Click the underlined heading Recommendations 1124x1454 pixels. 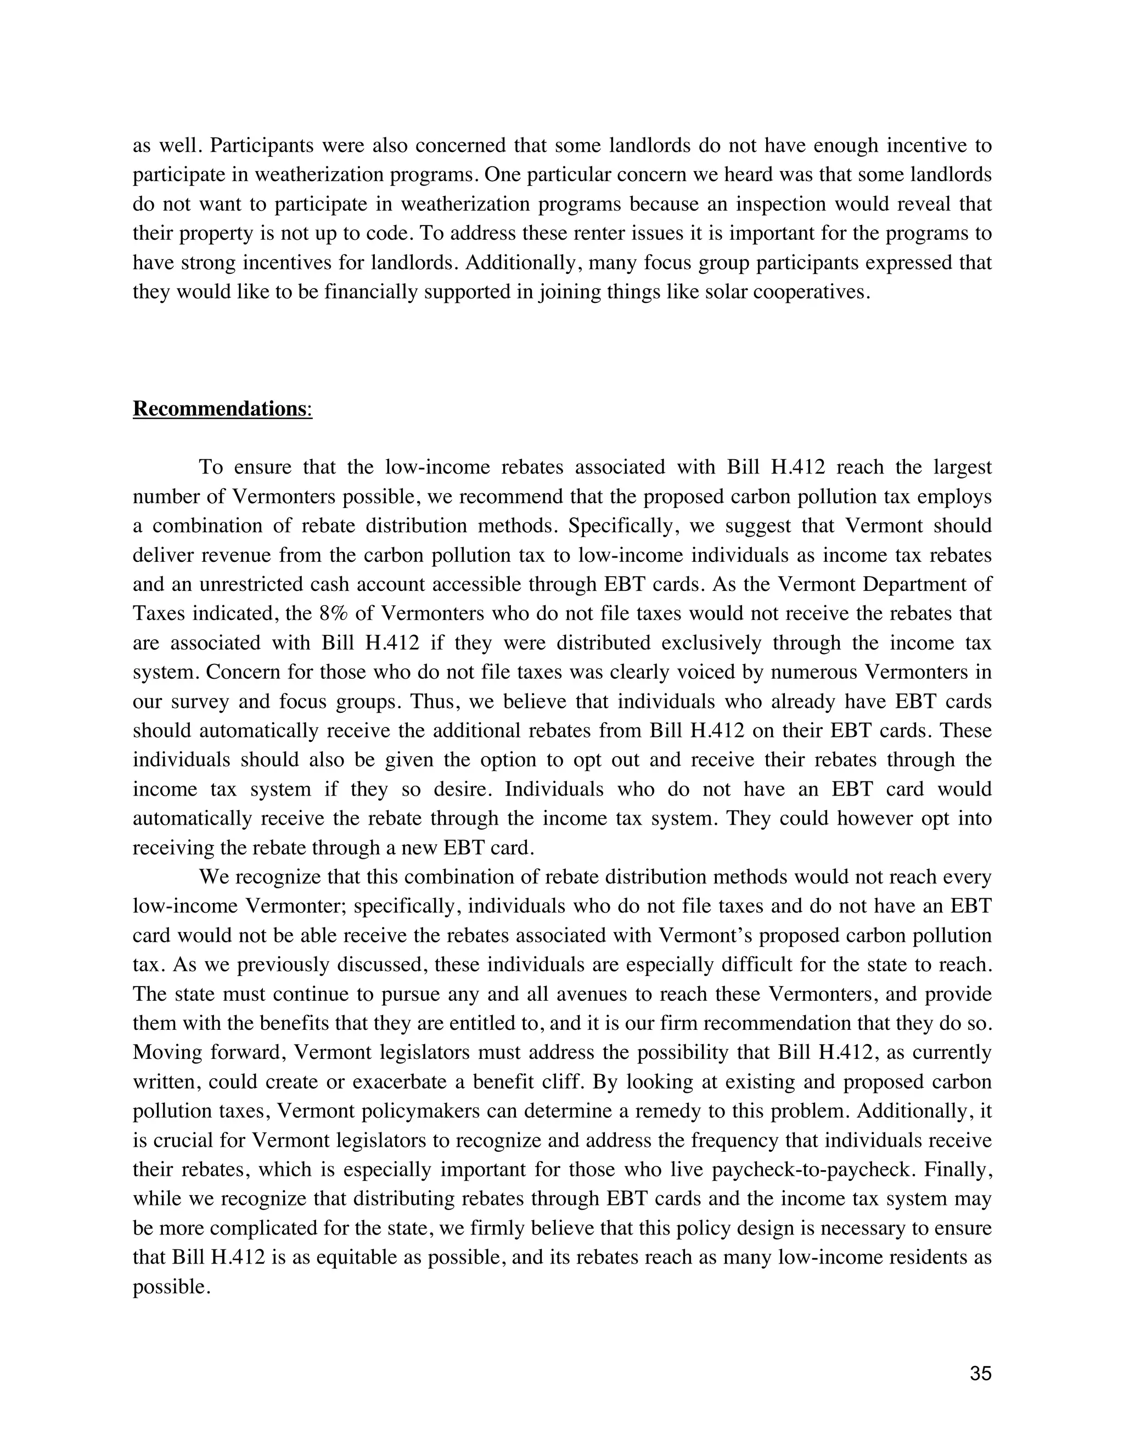point(218,408)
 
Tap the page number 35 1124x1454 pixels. point(981,1373)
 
